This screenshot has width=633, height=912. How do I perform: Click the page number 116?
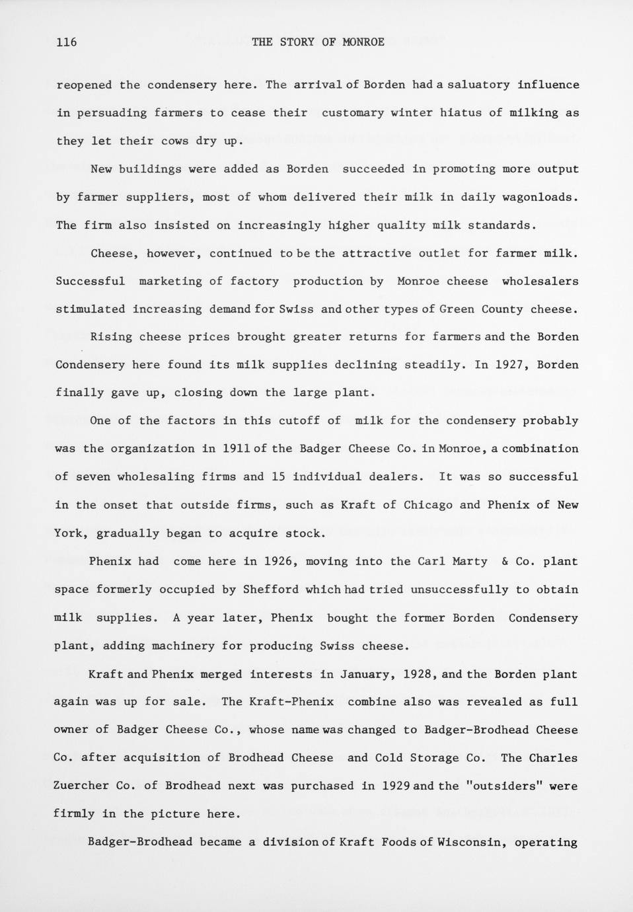tap(67, 42)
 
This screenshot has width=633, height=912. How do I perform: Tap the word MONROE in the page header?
tap(363, 42)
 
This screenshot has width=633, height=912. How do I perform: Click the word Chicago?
tap(428, 505)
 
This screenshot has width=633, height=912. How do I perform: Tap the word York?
tap(68, 533)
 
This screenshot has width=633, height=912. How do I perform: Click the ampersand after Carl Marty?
tap(504, 562)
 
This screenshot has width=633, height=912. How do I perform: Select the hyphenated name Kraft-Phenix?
tap(291, 702)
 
